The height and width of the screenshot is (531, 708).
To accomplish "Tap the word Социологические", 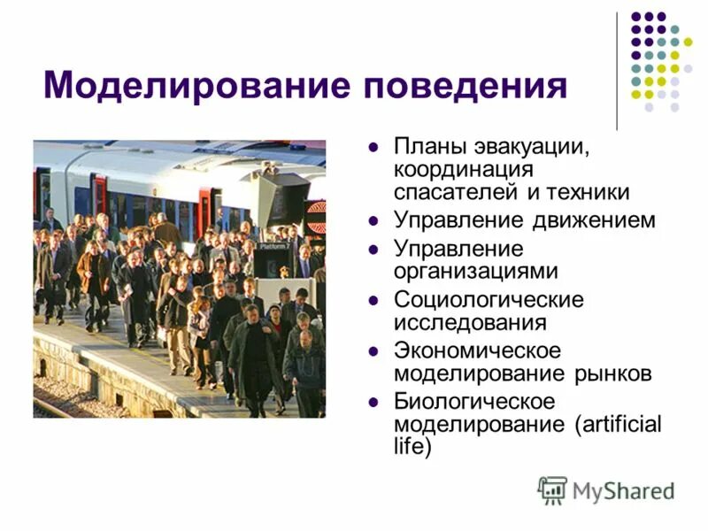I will [x=489, y=299].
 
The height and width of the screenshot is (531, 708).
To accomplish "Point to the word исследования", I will [x=470, y=321].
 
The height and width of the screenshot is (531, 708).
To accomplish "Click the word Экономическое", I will [x=477, y=350].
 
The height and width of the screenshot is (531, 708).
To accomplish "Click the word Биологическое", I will [x=474, y=402].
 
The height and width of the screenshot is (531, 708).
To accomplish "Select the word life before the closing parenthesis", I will [x=412, y=448].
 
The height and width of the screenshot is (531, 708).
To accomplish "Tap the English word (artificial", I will [x=618, y=424].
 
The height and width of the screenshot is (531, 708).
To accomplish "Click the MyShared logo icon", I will [x=552, y=489].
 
